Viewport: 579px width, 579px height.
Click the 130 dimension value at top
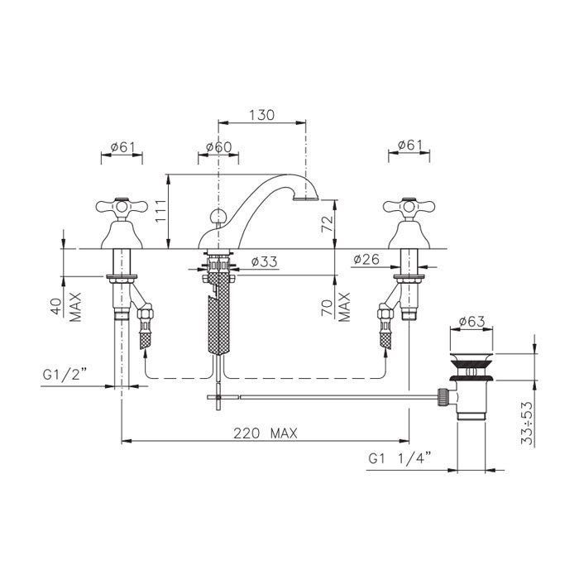click(x=262, y=115)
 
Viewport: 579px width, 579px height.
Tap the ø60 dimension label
click(x=218, y=147)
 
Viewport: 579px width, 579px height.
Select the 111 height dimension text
click(x=160, y=211)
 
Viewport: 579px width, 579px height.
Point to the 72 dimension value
click(x=328, y=223)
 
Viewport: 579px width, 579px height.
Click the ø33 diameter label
click(x=264, y=262)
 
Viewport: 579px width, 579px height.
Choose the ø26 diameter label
click(x=366, y=259)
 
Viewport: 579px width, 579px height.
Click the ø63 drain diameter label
click(x=471, y=321)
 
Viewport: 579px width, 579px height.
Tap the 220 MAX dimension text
click(x=266, y=433)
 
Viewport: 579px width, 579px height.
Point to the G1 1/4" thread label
click(x=400, y=458)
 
